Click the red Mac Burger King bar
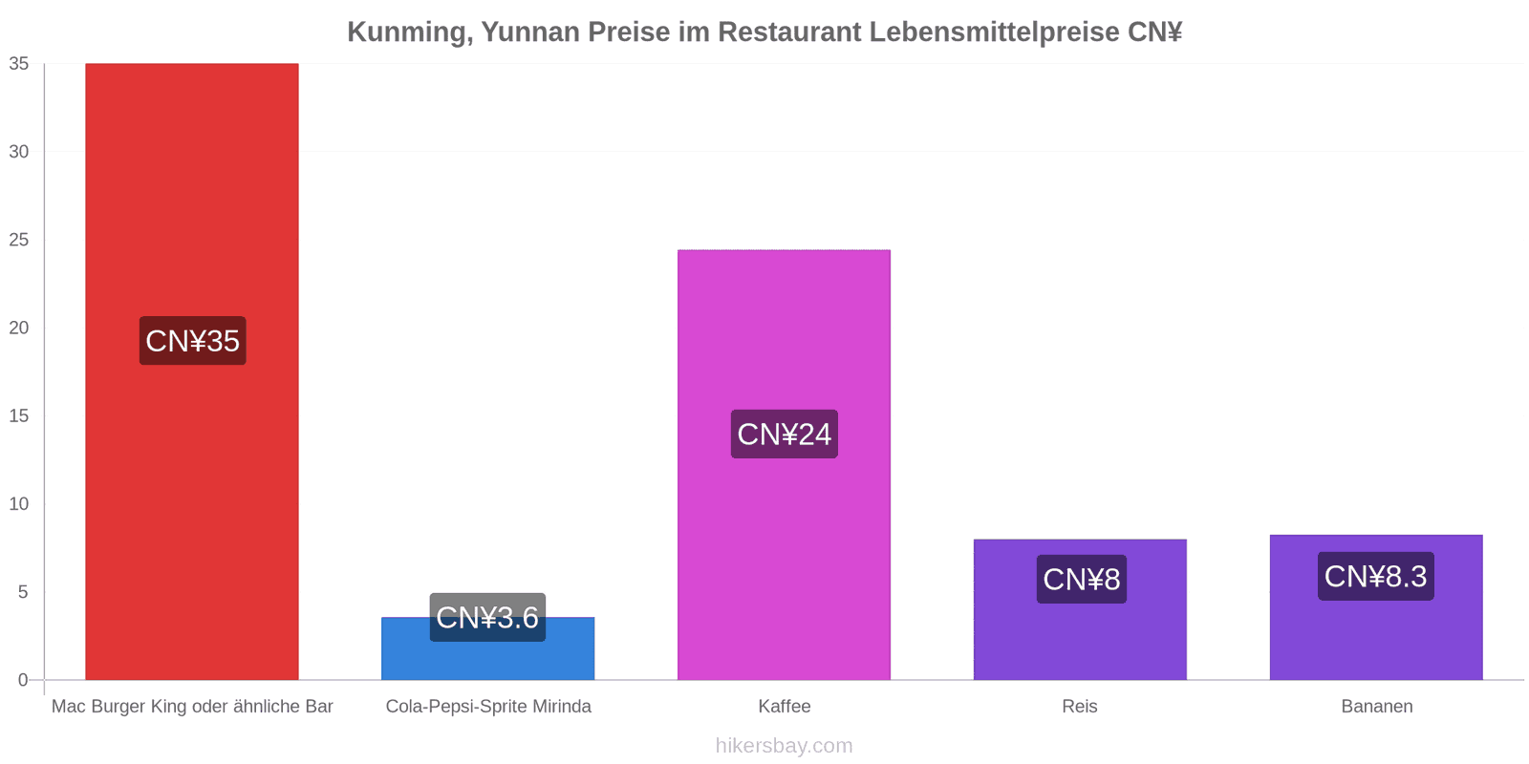pos(192,371)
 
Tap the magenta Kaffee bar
pos(784,464)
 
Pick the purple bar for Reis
pos(1080,610)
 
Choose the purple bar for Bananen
pos(1376,607)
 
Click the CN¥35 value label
pos(192,340)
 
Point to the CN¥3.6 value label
pos(487,617)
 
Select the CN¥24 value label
pos(785,434)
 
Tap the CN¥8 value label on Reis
pos(1081,579)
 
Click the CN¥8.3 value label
pos(1375,577)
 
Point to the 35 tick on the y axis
pos(19,63)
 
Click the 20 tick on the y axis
pos(19,328)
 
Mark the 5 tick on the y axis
pos(24,591)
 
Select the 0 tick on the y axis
pos(24,679)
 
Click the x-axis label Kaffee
pos(785,706)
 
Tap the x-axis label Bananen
pos(1377,706)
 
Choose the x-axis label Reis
pos(1080,706)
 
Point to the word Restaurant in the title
pos(789,32)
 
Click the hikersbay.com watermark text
pos(785,745)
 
